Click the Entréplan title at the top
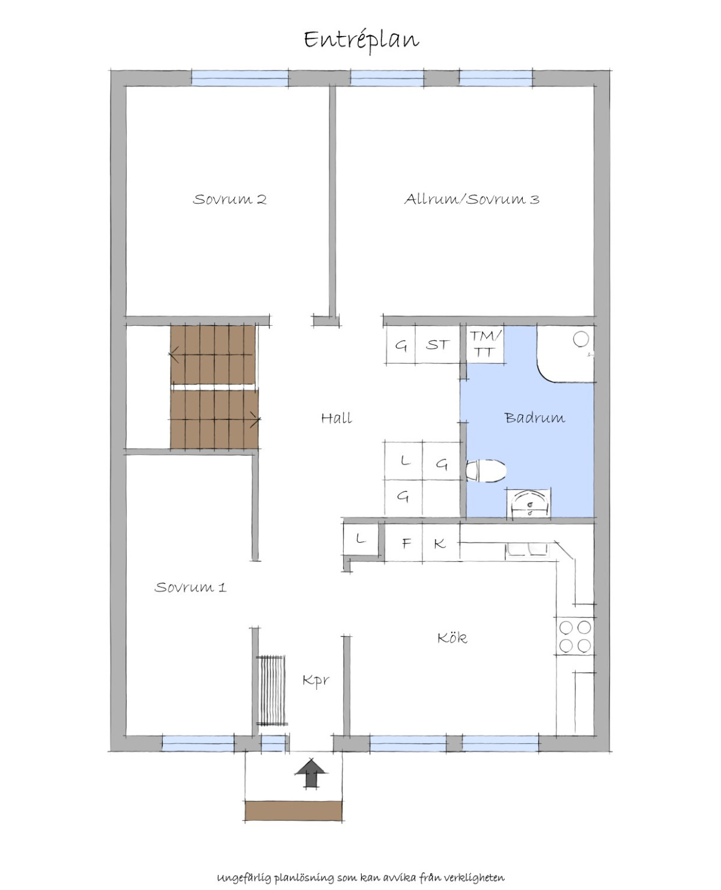[361, 40]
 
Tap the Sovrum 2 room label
[230, 200]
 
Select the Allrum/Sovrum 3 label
[472, 199]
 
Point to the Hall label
[336, 418]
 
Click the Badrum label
[535, 418]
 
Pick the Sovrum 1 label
[190, 587]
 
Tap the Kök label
[452, 638]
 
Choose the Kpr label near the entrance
[316, 681]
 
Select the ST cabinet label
[437, 345]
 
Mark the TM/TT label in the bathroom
[485, 344]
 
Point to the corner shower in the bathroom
[566, 353]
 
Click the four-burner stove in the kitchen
[575, 636]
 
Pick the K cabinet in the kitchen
[440, 543]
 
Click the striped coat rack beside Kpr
[272, 690]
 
